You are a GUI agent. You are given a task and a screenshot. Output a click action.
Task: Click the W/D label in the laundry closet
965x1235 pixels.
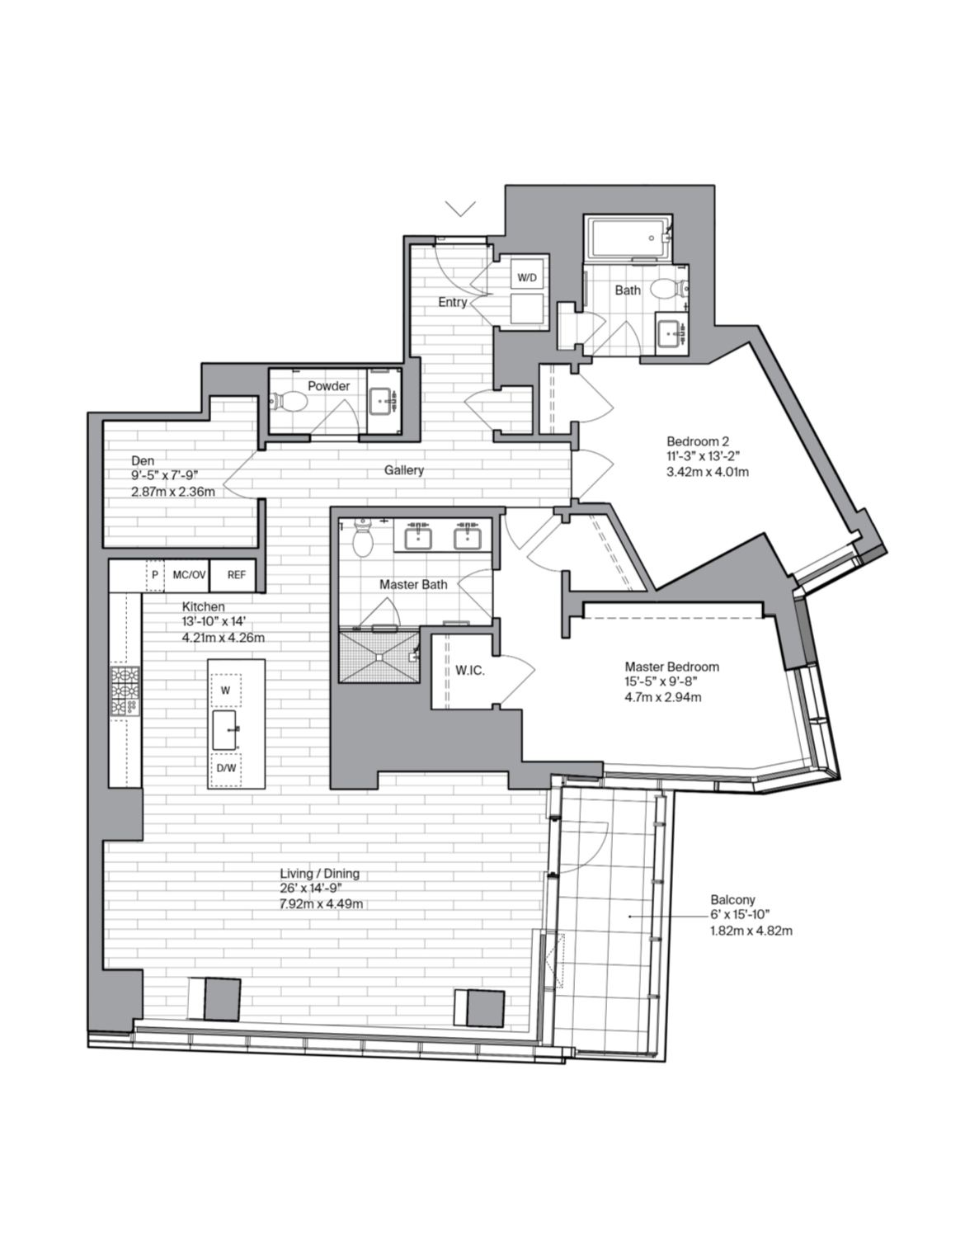526,278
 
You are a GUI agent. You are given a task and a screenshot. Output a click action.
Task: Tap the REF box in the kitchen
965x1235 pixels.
237,574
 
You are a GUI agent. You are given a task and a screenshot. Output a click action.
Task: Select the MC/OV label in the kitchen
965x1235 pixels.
189,574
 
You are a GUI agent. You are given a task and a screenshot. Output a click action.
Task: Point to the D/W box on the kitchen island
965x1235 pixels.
225,768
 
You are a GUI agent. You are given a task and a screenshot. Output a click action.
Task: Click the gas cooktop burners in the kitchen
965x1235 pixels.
125,691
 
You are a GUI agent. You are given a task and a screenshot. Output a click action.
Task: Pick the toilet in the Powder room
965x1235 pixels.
288,401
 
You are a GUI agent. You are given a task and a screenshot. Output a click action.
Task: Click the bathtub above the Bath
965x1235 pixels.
628,238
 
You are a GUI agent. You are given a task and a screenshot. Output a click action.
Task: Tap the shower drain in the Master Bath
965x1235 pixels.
379,656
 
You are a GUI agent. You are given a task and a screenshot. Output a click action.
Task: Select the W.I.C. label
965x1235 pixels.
470,671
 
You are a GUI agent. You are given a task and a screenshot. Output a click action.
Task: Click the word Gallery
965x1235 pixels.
404,470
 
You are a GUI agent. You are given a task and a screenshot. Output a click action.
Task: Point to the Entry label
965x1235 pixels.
453,302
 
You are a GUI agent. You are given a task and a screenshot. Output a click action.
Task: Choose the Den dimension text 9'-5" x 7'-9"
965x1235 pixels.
164,476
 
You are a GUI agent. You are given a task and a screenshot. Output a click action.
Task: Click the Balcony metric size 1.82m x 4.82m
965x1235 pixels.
751,931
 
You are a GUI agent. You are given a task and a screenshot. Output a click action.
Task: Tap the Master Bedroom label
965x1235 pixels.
672,667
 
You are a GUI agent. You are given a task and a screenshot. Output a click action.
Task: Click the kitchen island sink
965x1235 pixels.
225,729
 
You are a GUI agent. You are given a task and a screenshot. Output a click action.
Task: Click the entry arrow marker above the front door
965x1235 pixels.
460,209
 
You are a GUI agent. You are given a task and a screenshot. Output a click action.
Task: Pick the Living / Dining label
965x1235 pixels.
320,874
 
